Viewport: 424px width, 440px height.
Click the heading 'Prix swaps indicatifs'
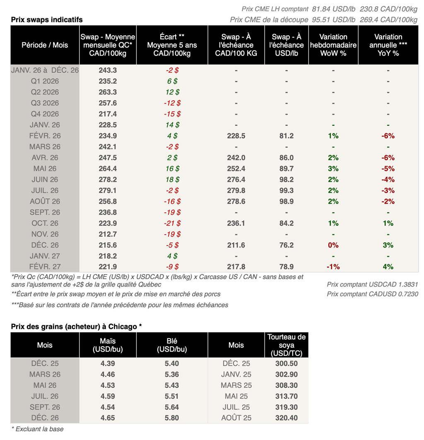[x=47, y=19]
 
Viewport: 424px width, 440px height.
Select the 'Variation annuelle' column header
[x=388, y=45]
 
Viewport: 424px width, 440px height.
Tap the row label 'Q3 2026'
[x=45, y=103]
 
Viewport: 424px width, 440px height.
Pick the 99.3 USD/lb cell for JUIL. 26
[x=287, y=190]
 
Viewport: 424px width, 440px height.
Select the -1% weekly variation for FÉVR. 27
[x=333, y=267]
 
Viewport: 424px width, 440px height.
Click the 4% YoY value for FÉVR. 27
[x=388, y=267]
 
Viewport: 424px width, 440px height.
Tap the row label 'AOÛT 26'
[x=45, y=201]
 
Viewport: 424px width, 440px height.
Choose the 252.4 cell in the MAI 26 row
[x=236, y=168]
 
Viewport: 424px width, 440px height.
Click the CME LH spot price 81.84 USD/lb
[x=333, y=9]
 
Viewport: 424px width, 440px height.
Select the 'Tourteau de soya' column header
[x=287, y=345]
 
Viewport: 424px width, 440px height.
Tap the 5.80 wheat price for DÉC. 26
[x=172, y=418]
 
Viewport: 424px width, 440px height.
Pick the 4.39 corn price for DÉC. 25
[x=108, y=363]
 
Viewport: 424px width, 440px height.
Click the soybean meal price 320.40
[x=287, y=418]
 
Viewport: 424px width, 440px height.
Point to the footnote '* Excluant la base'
[x=37, y=429]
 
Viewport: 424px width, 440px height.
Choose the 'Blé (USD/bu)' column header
[x=172, y=345]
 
